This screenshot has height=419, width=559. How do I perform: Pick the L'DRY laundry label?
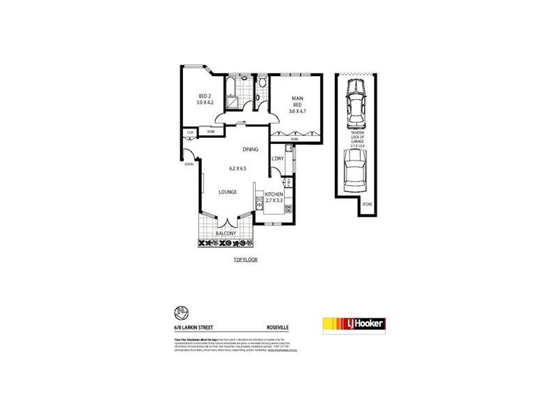pos(277,159)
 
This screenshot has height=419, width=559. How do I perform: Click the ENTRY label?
pos(189,164)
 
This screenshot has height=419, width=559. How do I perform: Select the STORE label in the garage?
pos(367,204)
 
